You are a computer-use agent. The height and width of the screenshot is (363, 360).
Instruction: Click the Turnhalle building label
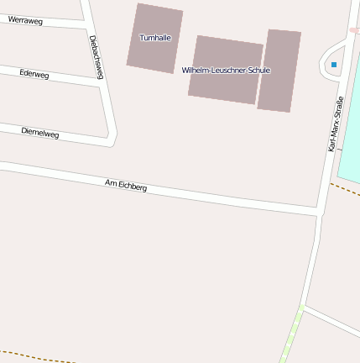(154, 38)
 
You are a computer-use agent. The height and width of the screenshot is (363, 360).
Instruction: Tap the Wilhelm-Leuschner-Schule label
(226, 71)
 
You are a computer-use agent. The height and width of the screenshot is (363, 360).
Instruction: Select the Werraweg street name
(25, 20)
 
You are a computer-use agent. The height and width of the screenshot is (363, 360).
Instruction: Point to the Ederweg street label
(34, 75)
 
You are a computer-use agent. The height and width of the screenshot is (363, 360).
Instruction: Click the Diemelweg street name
(39, 132)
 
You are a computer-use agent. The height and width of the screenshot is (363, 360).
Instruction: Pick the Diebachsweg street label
(96, 57)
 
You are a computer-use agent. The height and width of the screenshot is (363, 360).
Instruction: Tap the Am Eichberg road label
(126, 185)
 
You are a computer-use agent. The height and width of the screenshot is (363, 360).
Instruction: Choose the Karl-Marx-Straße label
(336, 124)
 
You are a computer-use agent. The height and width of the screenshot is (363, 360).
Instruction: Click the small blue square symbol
(334, 65)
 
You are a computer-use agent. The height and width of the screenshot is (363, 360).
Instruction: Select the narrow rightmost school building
(279, 71)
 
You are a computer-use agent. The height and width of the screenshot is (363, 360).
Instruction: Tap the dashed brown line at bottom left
(34, 355)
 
